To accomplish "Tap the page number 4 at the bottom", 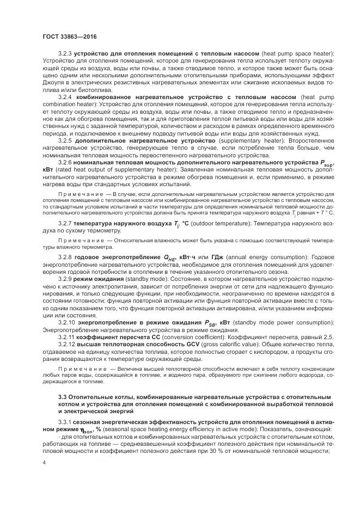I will pos(44,462).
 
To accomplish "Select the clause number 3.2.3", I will pos(66,53).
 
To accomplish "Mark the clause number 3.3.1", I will pos(66,421).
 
